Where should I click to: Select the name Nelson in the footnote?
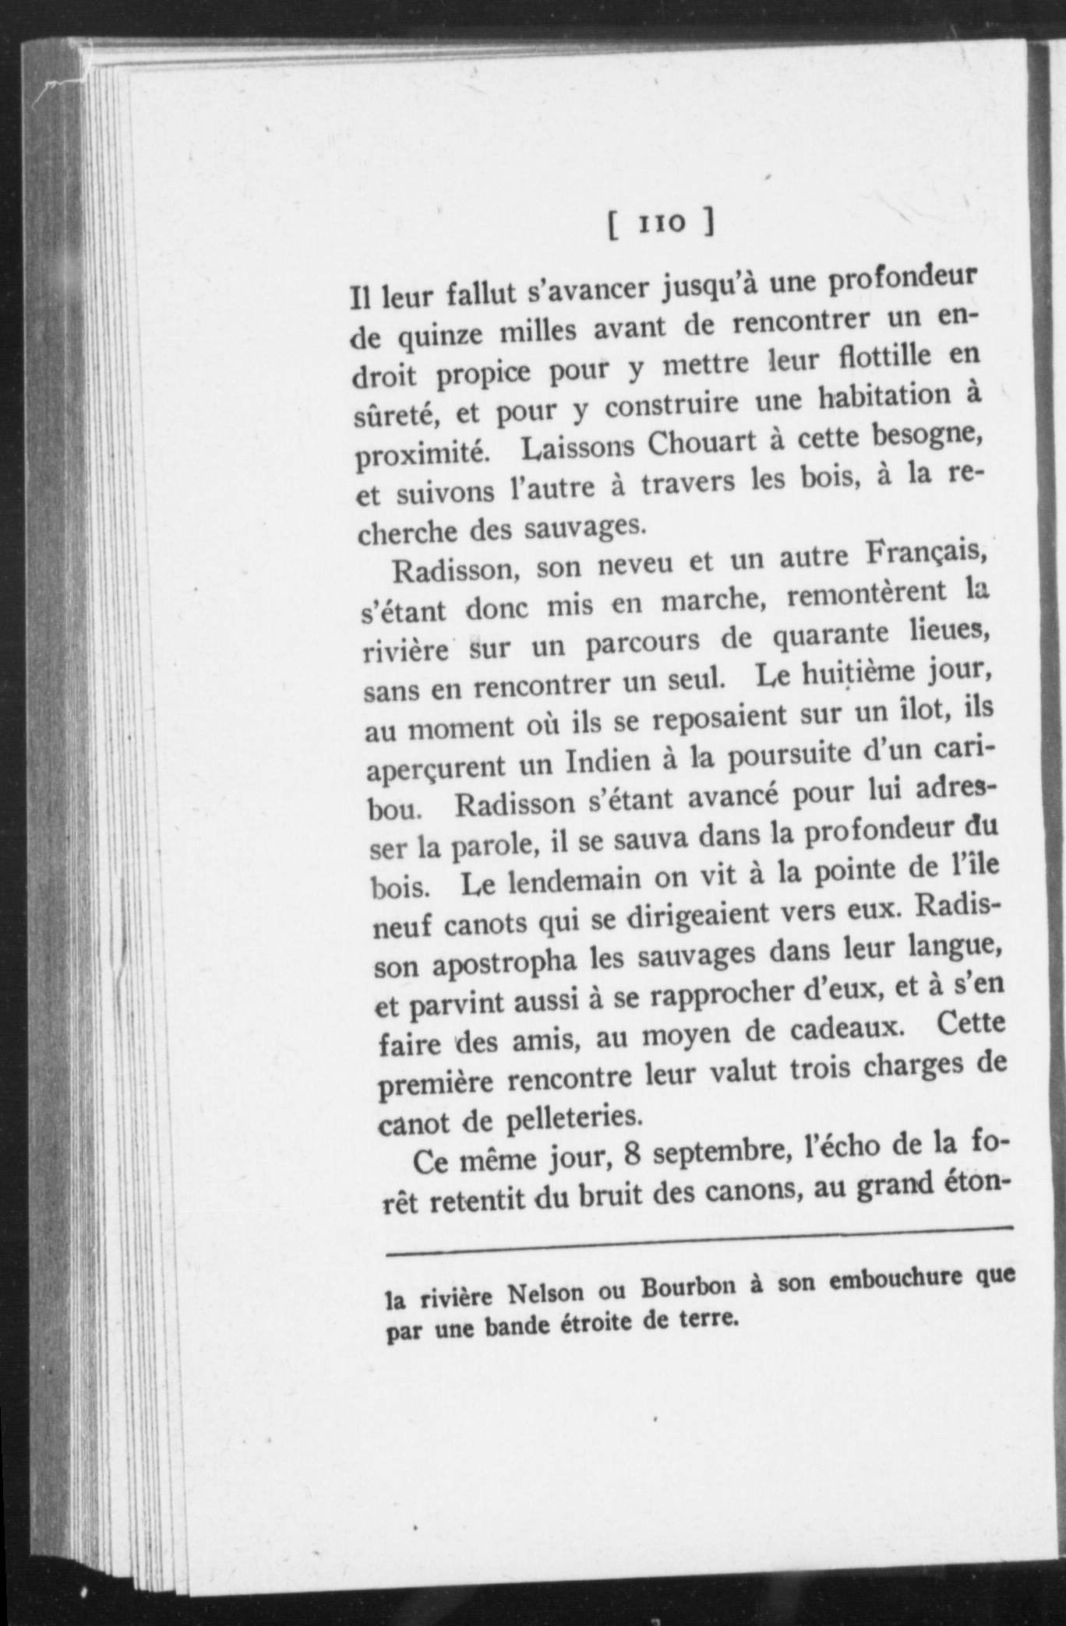pos(546,1295)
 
